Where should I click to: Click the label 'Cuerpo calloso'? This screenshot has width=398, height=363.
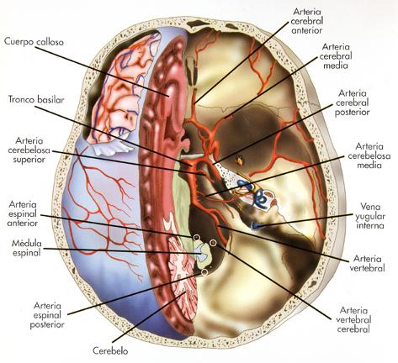coord(34,42)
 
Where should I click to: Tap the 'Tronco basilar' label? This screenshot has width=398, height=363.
coord(36,99)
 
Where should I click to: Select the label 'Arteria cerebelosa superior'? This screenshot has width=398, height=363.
coord(29,150)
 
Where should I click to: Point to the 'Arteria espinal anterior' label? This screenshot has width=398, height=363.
coord(23,213)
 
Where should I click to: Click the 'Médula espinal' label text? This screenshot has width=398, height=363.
coord(26,248)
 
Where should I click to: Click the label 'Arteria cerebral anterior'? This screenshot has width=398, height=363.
coord(307,21)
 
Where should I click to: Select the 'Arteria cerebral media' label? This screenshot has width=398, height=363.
coord(336,56)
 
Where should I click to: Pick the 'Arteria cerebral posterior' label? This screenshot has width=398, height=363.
coord(353,103)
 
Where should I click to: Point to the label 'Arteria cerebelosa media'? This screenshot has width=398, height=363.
coord(369,155)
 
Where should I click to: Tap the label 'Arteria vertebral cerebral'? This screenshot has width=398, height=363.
coord(353,319)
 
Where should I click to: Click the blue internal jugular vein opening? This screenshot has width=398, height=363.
coord(257,225)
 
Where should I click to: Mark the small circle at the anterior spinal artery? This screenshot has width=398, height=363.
coord(197,238)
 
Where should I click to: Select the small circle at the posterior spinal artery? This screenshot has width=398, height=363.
coord(204,271)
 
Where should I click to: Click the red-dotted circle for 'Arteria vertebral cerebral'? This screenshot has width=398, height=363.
coord(213,243)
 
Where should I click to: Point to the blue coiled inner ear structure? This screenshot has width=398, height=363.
coord(260,197)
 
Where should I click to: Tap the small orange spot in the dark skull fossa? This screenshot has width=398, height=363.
coord(239,160)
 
